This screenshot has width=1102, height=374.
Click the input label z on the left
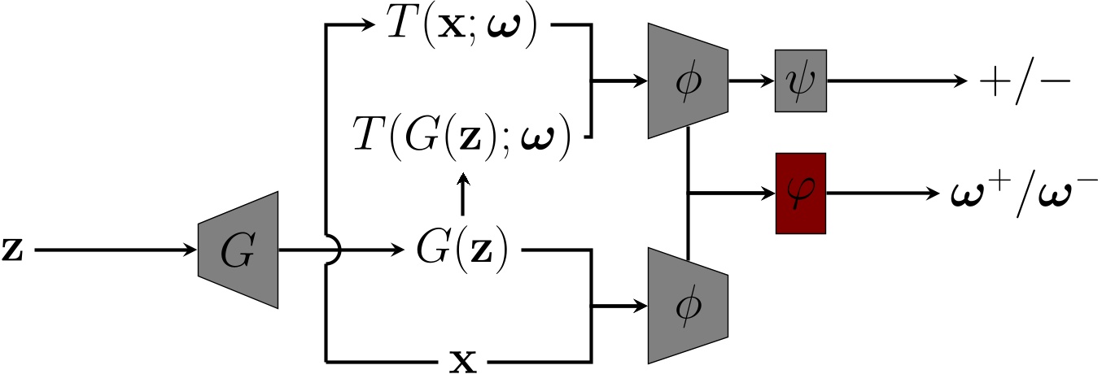click(x=15, y=250)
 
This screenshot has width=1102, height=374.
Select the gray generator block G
click(x=238, y=250)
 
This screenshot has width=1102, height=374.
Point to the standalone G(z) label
click(x=461, y=250)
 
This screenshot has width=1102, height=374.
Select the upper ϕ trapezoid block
click(x=688, y=81)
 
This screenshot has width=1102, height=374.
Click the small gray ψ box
click(x=800, y=81)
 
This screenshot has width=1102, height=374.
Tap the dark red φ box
click(x=800, y=194)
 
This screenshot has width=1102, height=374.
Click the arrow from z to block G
click(x=114, y=250)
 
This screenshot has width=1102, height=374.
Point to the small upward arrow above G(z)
click(x=462, y=194)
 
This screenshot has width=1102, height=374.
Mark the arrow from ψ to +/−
click(x=895, y=81)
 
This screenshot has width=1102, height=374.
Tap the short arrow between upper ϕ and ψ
click(x=750, y=81)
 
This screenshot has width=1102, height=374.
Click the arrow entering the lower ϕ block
click(x=623, y=307)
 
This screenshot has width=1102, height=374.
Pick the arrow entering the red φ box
click(x=732, y=194)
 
